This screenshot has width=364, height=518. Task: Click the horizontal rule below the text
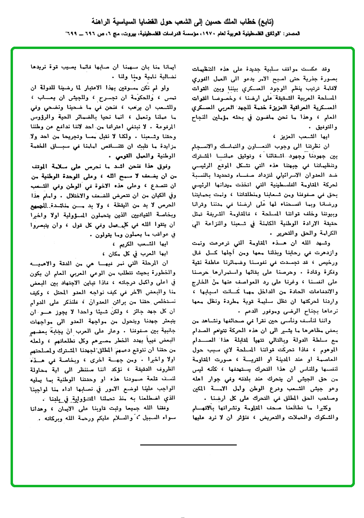pyautogui.click(x=188, y=445)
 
